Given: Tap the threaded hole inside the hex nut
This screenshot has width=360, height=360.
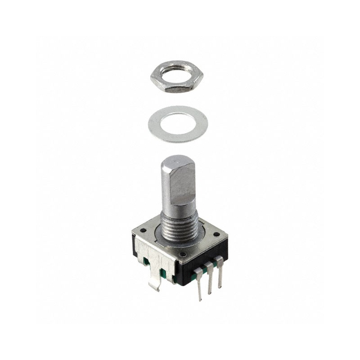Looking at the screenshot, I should (x=176, y=73).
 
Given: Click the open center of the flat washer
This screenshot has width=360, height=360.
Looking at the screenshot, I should (x=178, y=122).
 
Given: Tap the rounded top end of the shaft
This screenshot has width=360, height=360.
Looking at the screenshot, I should (x=176, y=161).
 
